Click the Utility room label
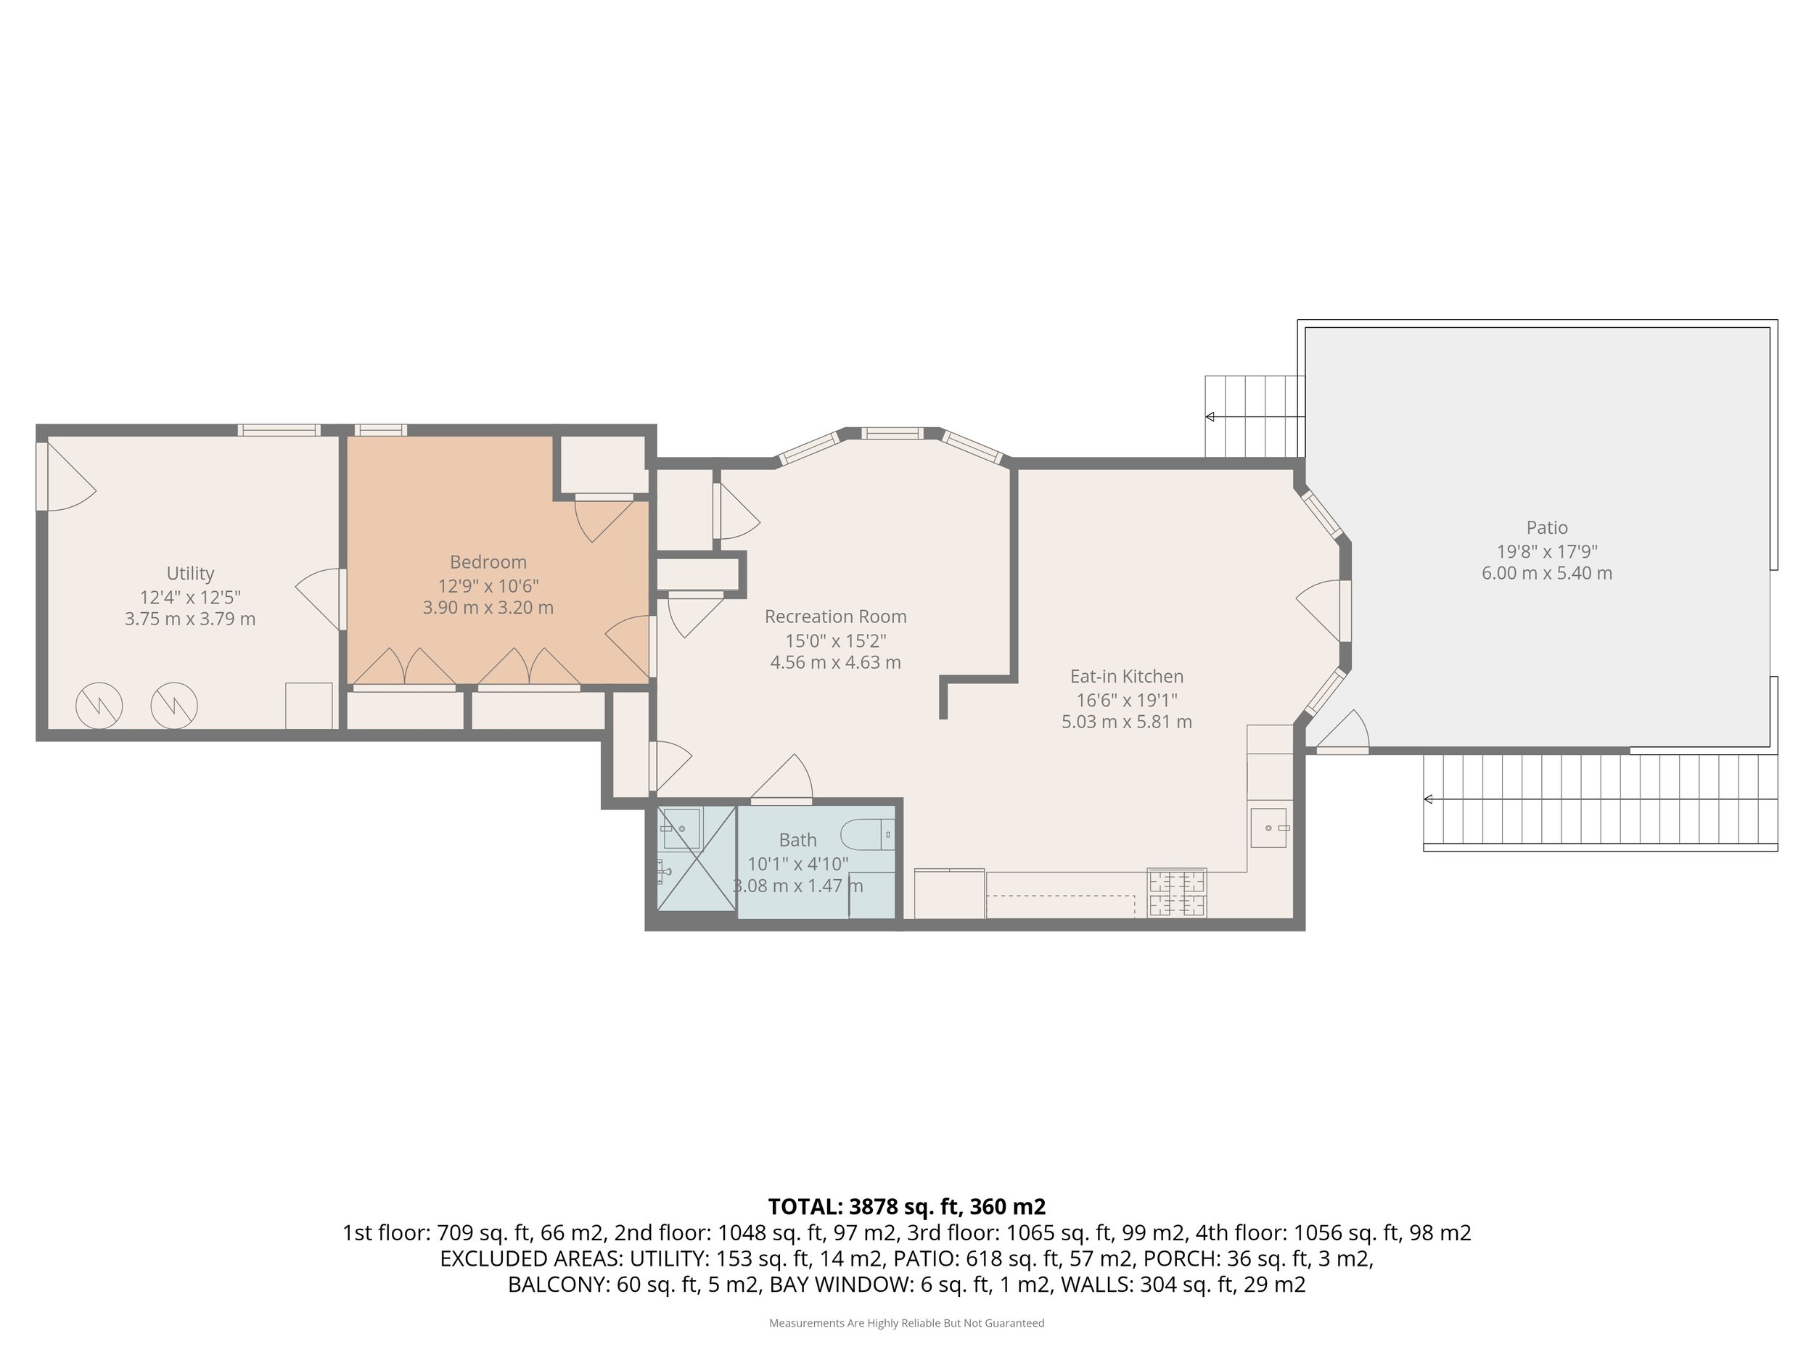coord(190,574)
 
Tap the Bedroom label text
coord(488,562)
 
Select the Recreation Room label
coord(836,617)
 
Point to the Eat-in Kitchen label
coord(1127,676)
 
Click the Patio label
coord(1547,528)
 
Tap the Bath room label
coord(798,840)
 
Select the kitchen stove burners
coord(1178,893)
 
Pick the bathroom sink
coord(681,829)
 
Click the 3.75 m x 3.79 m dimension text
coord(190,619)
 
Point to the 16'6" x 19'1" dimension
coord(1127,700)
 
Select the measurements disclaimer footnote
coord(906,1323)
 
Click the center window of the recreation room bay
coord(892,433)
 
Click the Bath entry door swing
coord(781,778)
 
